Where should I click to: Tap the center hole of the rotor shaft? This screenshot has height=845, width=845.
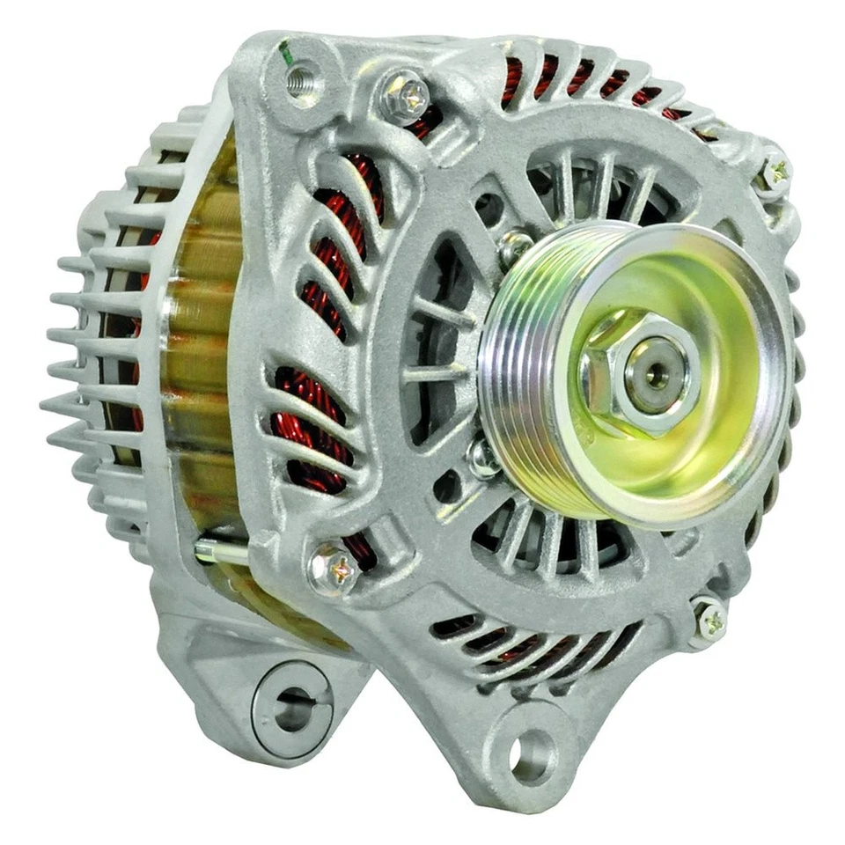(x=655, y=373)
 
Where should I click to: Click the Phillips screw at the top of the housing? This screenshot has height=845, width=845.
(x=405, y=94)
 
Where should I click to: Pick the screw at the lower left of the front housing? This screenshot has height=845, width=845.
(x=334, y=570)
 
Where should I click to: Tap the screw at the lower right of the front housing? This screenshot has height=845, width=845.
(x=709, y=621)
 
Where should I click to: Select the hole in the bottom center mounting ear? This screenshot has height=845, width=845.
(x=533, y=756)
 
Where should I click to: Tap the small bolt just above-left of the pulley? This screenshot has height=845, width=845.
(x=515, y=246)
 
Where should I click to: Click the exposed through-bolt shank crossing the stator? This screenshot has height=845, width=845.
(x=220, y=553)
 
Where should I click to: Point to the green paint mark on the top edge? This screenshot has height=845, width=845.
(x=285, y=51)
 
